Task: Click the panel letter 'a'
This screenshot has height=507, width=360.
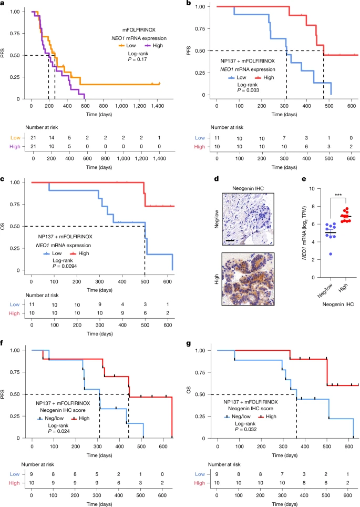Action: pos(2,3)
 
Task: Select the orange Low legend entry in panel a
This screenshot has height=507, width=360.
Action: pos(127,46)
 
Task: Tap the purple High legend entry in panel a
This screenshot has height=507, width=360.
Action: pos(154,46)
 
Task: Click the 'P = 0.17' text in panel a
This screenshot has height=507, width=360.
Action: pos(138,59)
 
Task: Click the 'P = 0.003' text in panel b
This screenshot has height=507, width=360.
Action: pos(248,90)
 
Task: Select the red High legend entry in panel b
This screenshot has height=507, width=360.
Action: pos(264,78)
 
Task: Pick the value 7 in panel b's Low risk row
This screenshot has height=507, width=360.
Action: pos(284,138)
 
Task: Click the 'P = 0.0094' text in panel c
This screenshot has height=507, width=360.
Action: pos(65,266)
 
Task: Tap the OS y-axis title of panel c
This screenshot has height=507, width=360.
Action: pos(3,226)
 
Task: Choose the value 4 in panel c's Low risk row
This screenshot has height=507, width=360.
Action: pos(122,305)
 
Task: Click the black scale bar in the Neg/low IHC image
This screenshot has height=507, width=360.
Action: pos(230,240)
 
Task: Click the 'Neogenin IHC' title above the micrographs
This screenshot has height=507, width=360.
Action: pos(248,188)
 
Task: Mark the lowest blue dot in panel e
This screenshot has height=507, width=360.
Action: pos(330,254)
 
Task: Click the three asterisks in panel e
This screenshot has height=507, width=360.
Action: pos(338,195)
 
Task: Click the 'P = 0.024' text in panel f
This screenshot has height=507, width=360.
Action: pos(59,431)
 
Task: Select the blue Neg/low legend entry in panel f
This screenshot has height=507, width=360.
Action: pos(50,419)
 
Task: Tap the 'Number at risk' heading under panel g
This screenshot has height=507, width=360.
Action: pos(224,464)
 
